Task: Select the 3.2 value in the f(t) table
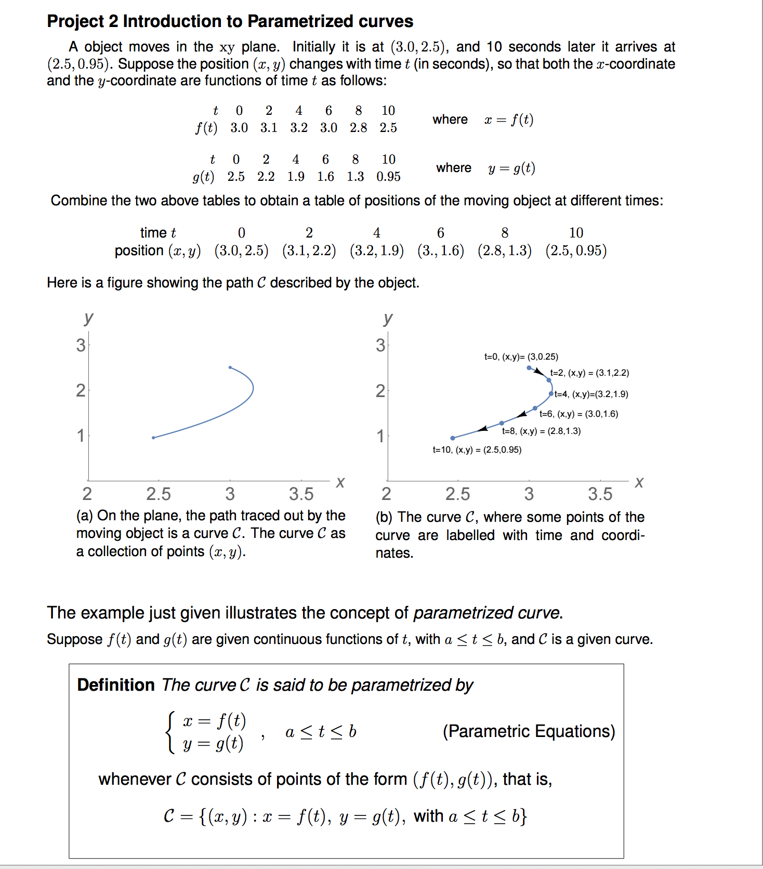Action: click(x=299, y=128)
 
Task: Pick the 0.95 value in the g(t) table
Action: click(x=389, y=177)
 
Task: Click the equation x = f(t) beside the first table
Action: click(x=509, y=120)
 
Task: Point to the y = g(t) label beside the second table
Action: click(x=511, y=168)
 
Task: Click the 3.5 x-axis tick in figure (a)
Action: click(x=301, y=494)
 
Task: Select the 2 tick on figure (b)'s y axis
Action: click(x=380, y=391)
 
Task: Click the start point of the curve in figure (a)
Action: click(x=230, y=367)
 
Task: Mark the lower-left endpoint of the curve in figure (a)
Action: click(x=153, y=438)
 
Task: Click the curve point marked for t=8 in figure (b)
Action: click(x=502, y=423)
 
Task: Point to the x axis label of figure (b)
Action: click(x=639, y=482)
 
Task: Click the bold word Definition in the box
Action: click(x=116, y=685)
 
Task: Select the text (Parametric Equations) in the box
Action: click(x=529, y=731)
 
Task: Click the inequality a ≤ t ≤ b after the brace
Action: click(x=321, y=732)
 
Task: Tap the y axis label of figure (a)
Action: click(x=88, y=318)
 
